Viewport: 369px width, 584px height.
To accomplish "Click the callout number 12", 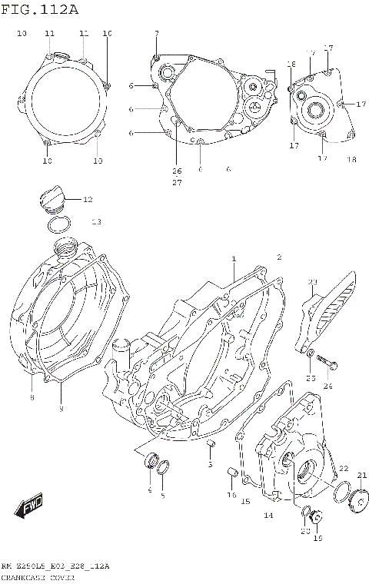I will click(88, 200).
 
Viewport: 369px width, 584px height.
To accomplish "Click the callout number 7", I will click(156, 34).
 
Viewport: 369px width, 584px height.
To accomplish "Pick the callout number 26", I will click(177, 171).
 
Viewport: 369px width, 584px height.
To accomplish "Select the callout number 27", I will click(177, 182).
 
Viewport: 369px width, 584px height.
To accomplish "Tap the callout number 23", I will click(313, 283).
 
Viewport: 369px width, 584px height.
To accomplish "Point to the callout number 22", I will click(343, 468).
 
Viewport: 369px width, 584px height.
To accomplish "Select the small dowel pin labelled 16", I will click(229, 471).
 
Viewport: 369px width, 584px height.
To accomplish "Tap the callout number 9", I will click(61, 408).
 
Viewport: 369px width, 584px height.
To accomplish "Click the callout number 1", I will click(233, 260).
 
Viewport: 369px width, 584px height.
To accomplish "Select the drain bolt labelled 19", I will click(318, 517).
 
